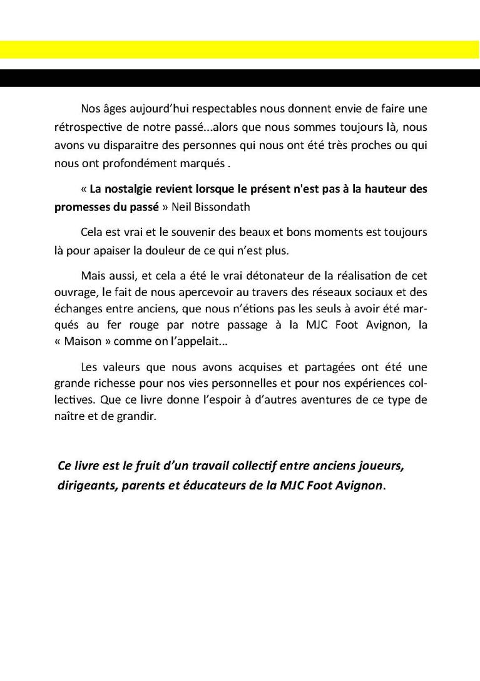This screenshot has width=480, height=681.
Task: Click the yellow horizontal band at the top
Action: pyautogui.click(x=240, y=49)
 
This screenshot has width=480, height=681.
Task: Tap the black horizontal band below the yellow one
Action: pyautogui.click(x=240, y=78)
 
